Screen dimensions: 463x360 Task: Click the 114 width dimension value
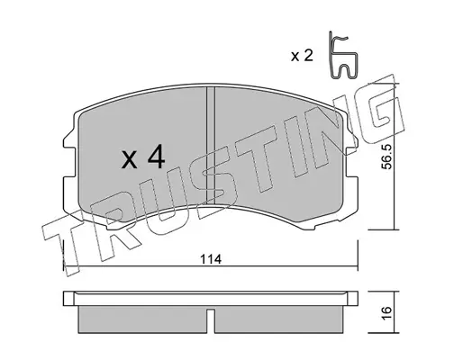coord(211,259)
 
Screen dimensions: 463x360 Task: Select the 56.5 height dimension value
coord(387,157)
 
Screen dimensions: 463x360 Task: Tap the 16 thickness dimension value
coord(387,313)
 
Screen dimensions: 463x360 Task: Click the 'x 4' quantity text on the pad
coord(143,157)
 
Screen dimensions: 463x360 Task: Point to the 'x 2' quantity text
coord(302,56)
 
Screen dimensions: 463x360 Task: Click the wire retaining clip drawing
coord(342,56)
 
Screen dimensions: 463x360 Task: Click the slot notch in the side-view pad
coord(211,321)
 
